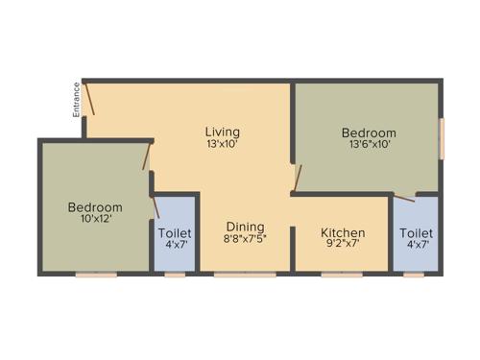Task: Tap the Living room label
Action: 222,132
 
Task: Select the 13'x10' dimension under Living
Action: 222,144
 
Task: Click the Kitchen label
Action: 343,232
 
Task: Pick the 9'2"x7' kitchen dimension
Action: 343,245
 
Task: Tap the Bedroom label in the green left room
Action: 95,207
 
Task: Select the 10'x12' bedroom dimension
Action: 95,220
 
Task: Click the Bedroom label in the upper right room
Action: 369,132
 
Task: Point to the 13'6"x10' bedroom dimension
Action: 369,145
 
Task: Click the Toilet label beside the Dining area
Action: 175,233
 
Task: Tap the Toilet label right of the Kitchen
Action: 416,233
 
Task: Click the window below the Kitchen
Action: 342,275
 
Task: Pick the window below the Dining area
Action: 231,275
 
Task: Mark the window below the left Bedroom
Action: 96,275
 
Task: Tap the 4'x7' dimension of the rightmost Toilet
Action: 416,246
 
